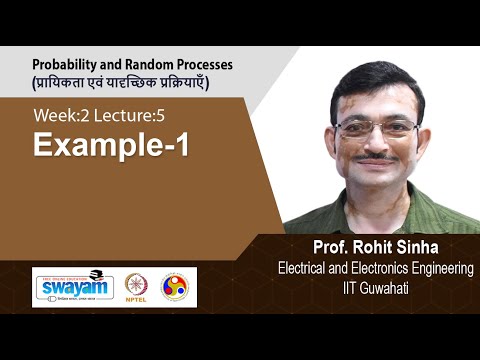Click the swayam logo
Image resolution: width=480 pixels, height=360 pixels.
coord(72,287)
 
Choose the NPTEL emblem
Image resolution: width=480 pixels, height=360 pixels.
coord(136,287)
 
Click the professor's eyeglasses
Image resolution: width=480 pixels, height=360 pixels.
coord(377,129)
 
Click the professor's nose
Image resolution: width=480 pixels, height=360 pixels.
coord(377,143)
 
